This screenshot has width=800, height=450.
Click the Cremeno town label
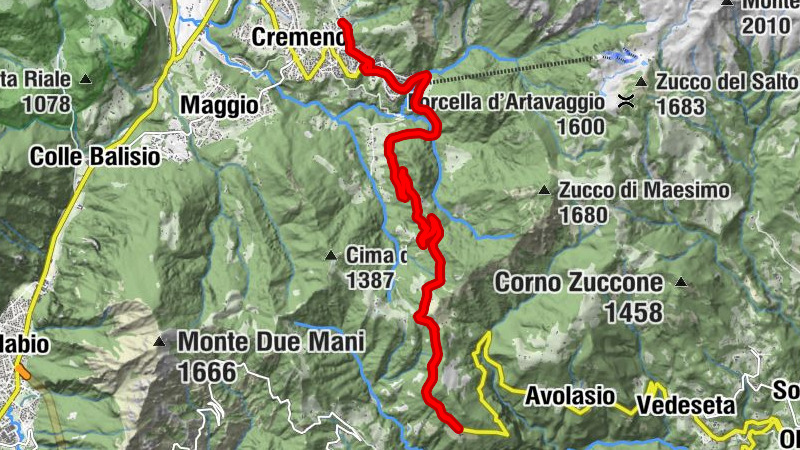click(297, 37)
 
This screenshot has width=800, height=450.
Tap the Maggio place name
click(219, 104)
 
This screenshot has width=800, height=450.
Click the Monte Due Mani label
click(270, 342)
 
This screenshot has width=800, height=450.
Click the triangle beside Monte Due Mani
click(159, 342)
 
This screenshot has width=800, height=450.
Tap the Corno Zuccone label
click(579, 283)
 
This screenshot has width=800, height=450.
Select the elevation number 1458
click(632, 313)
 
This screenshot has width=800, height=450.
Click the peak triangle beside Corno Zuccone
click(682, 283)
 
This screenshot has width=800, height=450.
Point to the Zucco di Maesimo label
click(645, 189)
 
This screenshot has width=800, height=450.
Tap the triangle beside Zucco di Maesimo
click(545, 189)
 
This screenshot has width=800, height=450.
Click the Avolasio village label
click(569, 396)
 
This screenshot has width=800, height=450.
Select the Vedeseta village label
click(685, 406)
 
